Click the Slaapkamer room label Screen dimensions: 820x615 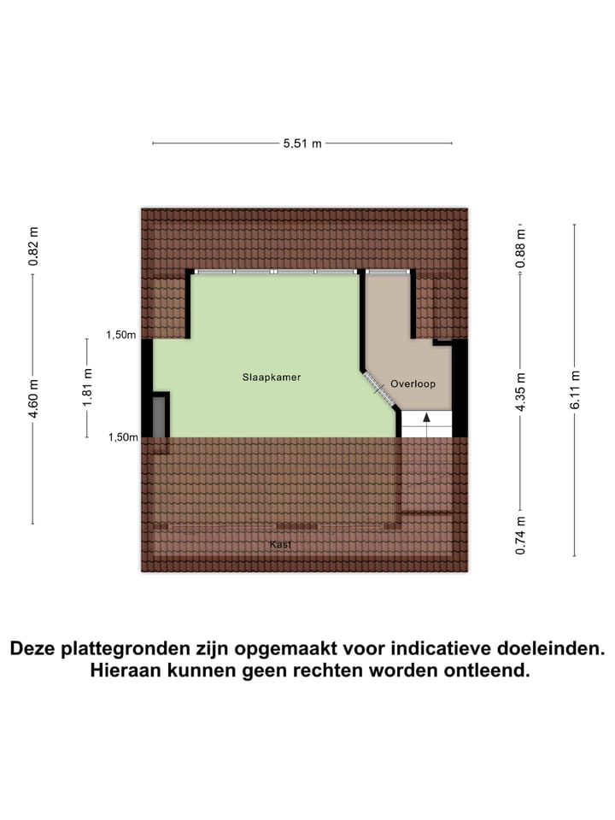pyautogui.click(x=270, y=376)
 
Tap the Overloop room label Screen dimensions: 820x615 pyautogui.click(x=413, y=384)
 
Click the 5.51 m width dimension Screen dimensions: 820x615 pyautogui.click(x=302, y=143)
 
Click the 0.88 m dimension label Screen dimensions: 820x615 pyautogui.click(x=520, y=248)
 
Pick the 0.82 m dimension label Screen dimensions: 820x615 pyautogui.click(x=33, y=247)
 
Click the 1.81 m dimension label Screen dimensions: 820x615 pyautogui.click(x=87, y=388)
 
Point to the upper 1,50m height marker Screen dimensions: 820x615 pyautogui.click(x=121, y=335)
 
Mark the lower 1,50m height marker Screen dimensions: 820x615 pyautogui.click(x=121, y=437)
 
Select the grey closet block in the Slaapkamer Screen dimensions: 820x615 pyautogui.click(x=159, y=417)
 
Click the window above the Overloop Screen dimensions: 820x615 pyautogui.click(x=388, y=271)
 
